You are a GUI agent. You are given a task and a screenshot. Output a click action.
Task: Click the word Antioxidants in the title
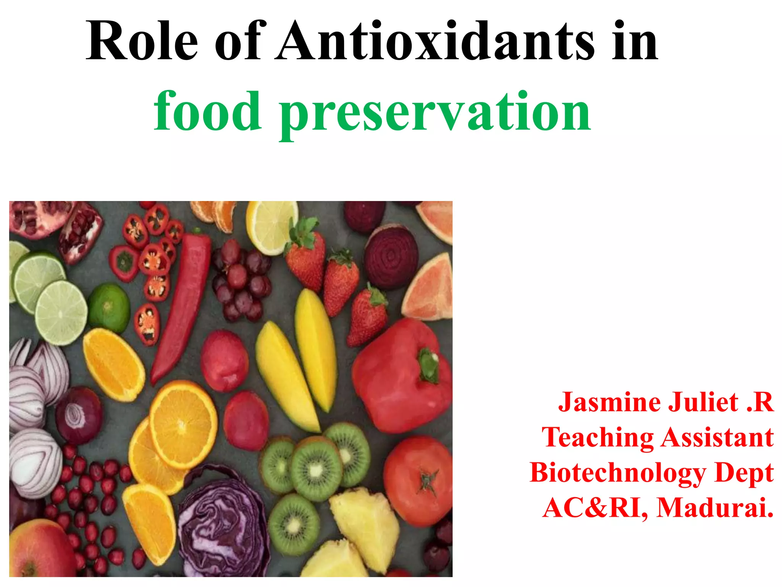pos(435,41)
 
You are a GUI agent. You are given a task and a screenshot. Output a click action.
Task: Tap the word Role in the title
pos(142,41)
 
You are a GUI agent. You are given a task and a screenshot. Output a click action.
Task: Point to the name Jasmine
pos(609,402)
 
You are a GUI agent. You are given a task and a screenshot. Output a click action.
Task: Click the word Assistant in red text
pos(717,438)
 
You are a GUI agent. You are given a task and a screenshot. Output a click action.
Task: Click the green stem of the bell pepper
pos(428,365)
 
